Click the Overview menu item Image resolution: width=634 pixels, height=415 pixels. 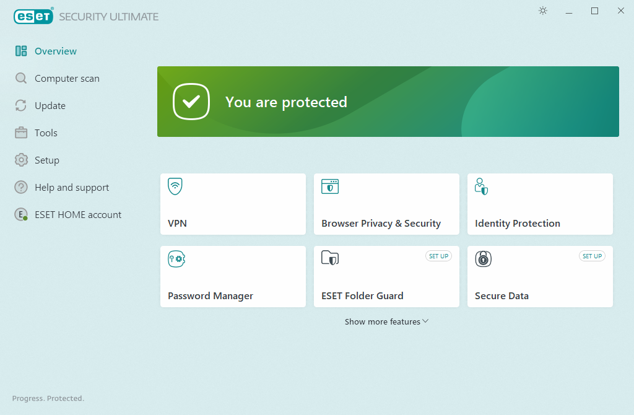click(46, 51)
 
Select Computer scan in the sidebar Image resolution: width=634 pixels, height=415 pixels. click(57, 78)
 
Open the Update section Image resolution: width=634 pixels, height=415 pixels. click(40, 105)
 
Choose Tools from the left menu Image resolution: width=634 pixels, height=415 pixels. click(36, 133)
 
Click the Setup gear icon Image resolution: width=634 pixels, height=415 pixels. click(21, 160)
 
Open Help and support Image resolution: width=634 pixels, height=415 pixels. click(62, 187)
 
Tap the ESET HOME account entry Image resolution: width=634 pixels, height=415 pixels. click(68, 214)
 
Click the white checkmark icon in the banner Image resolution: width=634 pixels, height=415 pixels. click(191, 102)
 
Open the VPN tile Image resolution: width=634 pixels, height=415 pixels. click(233, 204)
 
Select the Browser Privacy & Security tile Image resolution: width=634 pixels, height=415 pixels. click(386, 204)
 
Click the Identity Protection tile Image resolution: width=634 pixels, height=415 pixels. click(540, 204)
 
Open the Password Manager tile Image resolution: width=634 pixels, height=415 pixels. click(233, 276)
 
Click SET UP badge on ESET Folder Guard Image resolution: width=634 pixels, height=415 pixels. click(439, 256)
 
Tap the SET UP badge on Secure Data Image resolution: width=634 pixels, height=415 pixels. click(592, 256)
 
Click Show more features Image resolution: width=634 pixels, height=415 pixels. click(386, 321)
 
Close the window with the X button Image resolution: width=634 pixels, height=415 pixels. click(620, 11)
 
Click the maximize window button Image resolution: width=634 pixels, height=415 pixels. click(594, 11)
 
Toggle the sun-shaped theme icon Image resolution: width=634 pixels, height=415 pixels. click(543, 11)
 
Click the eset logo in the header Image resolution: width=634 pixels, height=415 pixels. click(33, 17)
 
